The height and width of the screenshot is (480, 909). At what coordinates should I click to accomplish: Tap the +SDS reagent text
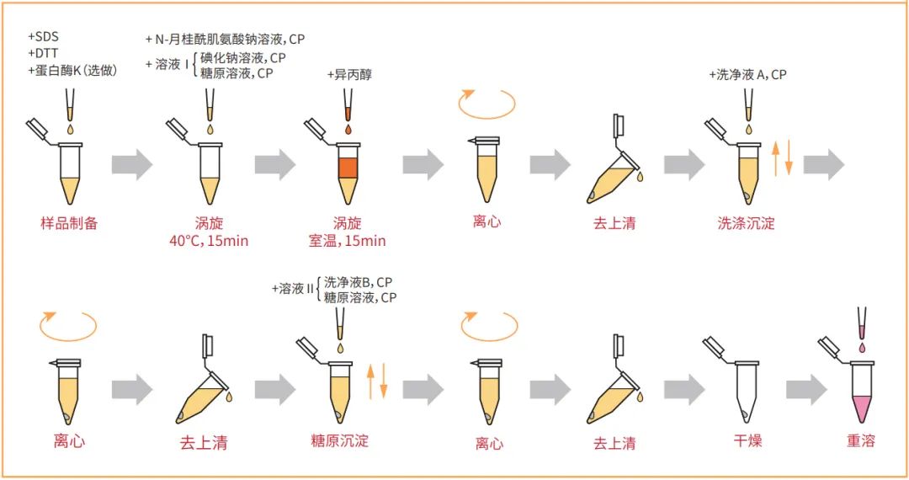coord(45,39)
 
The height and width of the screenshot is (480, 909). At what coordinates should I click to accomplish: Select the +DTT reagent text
coord(44,55)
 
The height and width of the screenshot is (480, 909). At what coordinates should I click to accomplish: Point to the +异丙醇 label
coord(349,75)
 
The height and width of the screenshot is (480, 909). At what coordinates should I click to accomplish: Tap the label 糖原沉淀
coord(339,440)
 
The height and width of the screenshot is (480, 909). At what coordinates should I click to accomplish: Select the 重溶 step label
coord(861,440)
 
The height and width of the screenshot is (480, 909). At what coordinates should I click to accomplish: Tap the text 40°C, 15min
coord(209,241)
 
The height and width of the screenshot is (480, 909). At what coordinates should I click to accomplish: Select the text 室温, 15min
coord(347,241)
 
